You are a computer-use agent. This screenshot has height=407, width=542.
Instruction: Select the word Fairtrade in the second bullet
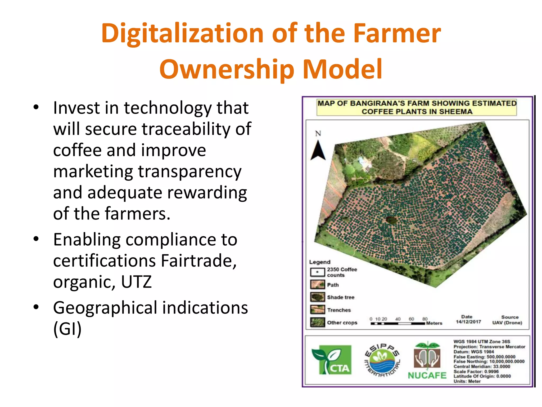(198, 261)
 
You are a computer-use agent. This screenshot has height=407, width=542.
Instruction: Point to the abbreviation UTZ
(136, 282)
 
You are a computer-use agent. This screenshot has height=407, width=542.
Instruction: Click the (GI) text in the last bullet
(67, 329)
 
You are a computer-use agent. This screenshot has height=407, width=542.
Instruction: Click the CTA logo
(332, 360)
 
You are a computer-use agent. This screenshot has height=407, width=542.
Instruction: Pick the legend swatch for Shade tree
(317, 297)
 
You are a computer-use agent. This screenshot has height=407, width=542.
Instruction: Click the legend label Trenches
(339, 310)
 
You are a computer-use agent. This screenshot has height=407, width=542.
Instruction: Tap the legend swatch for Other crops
(317, 322)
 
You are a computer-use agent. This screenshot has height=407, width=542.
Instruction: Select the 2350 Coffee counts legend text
(342, 272)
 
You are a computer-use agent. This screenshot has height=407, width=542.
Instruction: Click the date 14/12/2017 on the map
(468, 322)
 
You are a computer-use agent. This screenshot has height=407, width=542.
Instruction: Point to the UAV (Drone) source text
(507, 323)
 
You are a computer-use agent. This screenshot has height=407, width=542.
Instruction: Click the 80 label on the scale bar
(425, 319)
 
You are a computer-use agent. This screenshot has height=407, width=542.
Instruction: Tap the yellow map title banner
(417, 107)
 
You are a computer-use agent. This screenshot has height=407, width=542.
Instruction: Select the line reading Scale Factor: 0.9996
(476, 371)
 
